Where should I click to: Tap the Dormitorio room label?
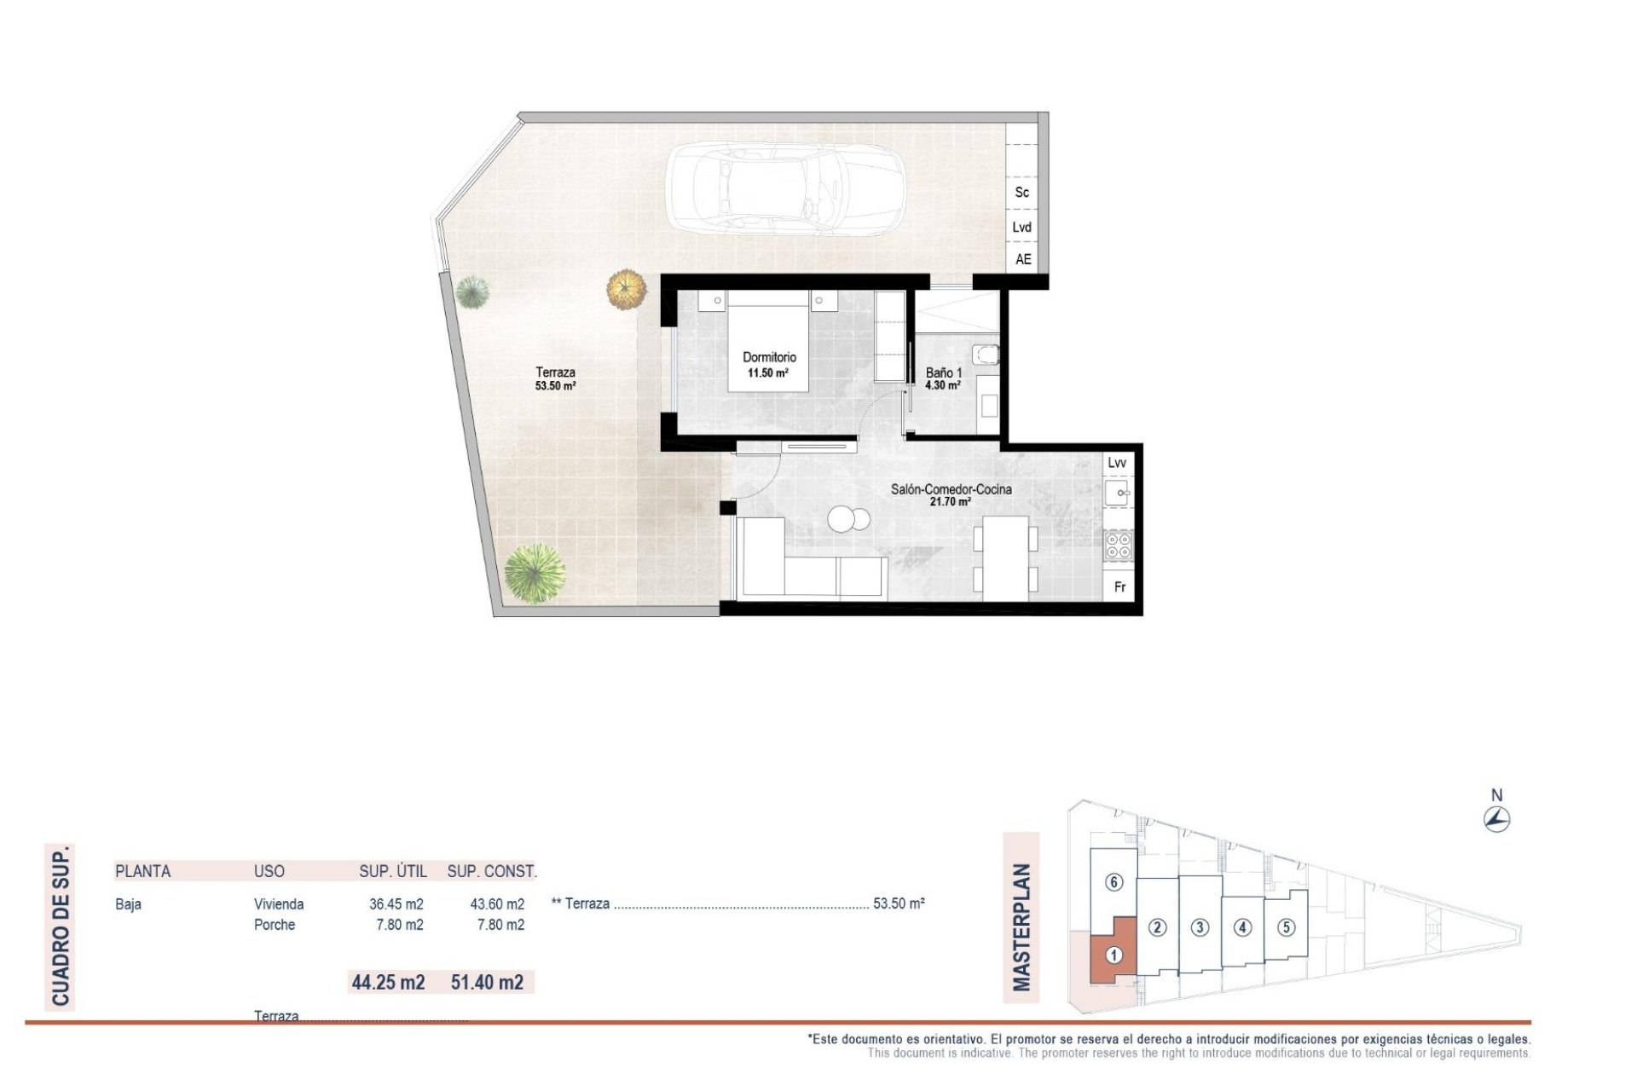coord(769,357)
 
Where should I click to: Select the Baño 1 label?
coord(944,372)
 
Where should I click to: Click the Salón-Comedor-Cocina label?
coord(951,489)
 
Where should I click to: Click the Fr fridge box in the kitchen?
coord(1119,587)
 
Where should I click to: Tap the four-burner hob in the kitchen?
coord(1119,545)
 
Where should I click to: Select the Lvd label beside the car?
coord(1021,227)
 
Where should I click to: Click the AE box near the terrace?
coord(1022,259)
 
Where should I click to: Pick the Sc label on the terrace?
coord(1021,193)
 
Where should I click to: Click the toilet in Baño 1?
coord(986,354)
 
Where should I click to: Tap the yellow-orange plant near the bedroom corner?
coord(627,289)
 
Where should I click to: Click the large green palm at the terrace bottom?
coord(535,574)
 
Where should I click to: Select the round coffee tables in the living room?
coord(848,518)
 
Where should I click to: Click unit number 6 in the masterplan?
coord(1114,882)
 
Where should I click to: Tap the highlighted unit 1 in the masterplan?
coord(1113,955)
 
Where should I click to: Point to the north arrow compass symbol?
coord(1496,820)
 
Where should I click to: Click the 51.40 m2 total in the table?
coord(487,983)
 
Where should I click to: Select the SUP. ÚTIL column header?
coord(393,871)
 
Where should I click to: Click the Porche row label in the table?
coord(275,925)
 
